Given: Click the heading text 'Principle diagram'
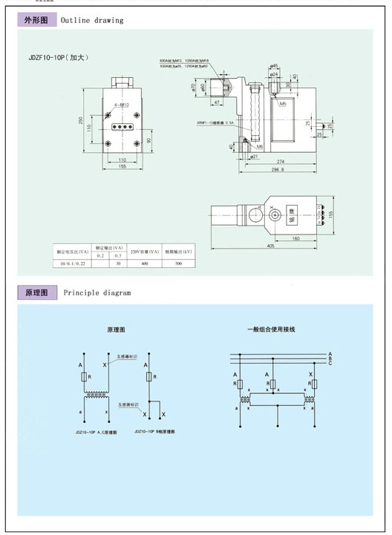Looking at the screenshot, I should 97,293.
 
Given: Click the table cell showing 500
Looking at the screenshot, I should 178,263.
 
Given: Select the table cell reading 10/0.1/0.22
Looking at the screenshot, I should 71,263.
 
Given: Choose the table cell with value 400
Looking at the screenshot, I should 145,263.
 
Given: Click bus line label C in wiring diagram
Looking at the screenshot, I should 329,363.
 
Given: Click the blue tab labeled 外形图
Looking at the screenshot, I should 36,20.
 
